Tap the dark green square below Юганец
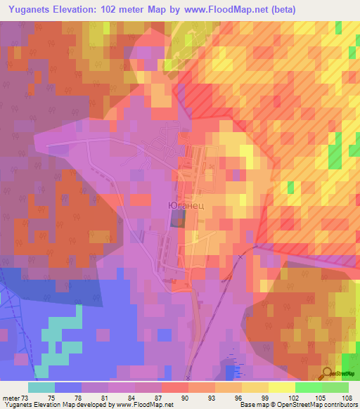(176, 219)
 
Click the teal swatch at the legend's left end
(41, 387)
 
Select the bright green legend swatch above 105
(307, 387)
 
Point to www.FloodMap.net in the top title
(224, 9)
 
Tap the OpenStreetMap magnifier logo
(327, 373)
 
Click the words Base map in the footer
(252, 405)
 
